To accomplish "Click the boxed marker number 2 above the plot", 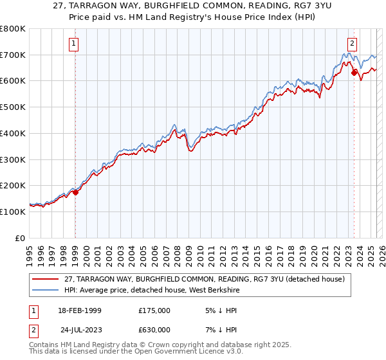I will coord(353,44).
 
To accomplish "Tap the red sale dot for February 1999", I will coord(75,192).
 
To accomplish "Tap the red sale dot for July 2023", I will coord(354,72).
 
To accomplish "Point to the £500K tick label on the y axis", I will coord(13,107).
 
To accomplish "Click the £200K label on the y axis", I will coord(13,185).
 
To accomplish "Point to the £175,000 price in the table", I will coord(154,311).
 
